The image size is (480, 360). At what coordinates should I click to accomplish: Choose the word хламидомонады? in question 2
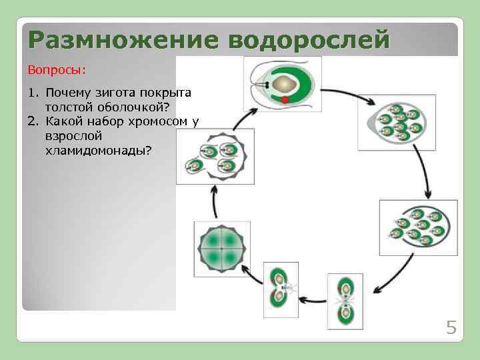coord(97,151)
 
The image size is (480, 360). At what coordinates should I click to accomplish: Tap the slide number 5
coord(451,327)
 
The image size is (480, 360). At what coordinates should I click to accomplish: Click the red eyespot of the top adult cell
coord(285,100)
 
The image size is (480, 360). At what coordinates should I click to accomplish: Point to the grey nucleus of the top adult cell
coord(286,83)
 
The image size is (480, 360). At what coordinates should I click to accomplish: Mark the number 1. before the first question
coord(33,92)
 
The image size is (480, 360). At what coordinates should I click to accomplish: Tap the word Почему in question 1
coord(66,92)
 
